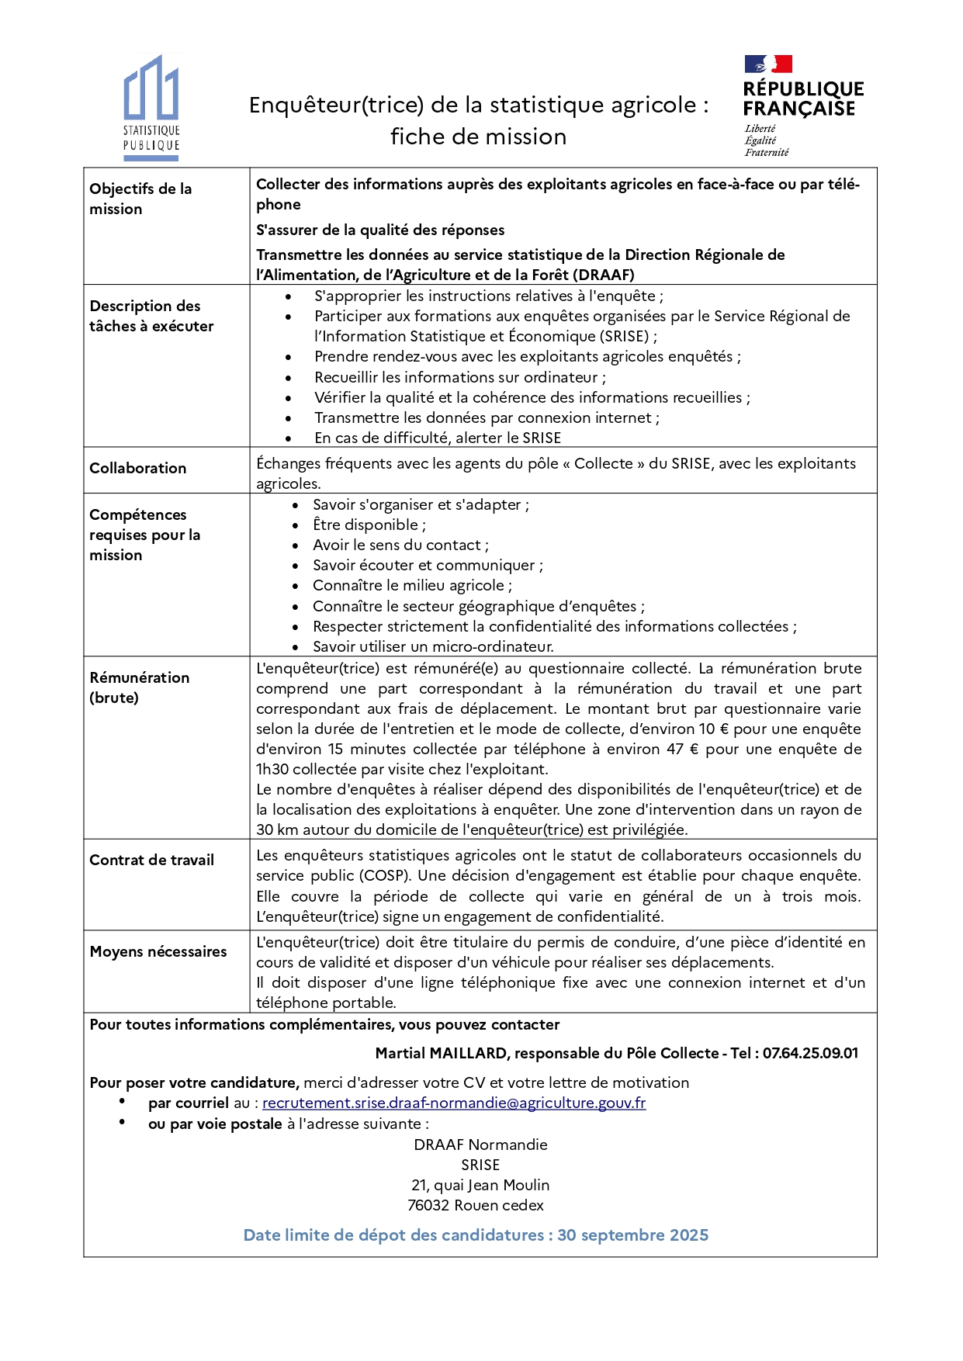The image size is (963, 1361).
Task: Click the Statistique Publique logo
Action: (x=151, y=106)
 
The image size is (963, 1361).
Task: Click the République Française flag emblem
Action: (x=768, y=64)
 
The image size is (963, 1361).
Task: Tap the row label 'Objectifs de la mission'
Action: (x=140, y=199)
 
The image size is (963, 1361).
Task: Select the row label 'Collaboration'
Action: (x=138, y=468)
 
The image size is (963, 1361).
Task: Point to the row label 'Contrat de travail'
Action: (x=151, y=860)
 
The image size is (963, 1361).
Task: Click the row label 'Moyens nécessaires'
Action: (x=158, y=951)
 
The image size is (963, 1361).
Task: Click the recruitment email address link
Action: (x=454, y=1103)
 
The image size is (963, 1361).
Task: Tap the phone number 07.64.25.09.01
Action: (x=810, y=1053)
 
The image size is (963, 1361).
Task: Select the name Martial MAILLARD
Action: (x=442, y=1053)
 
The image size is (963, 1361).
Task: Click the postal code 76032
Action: (x=428, y=1205)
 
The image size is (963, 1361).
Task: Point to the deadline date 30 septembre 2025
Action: (x=632, y=1235)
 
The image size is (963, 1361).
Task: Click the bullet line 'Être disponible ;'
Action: (x=369, y=525)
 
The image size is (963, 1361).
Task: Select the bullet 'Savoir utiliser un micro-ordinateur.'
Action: (x=433, y=646)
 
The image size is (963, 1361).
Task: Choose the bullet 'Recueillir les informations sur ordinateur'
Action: (x=459, y=377)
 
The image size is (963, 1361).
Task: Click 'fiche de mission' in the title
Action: (x=478, y=137)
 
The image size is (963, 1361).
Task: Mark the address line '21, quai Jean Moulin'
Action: (x=480, y=1185)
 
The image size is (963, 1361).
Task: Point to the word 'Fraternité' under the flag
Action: (x=767, y=152)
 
